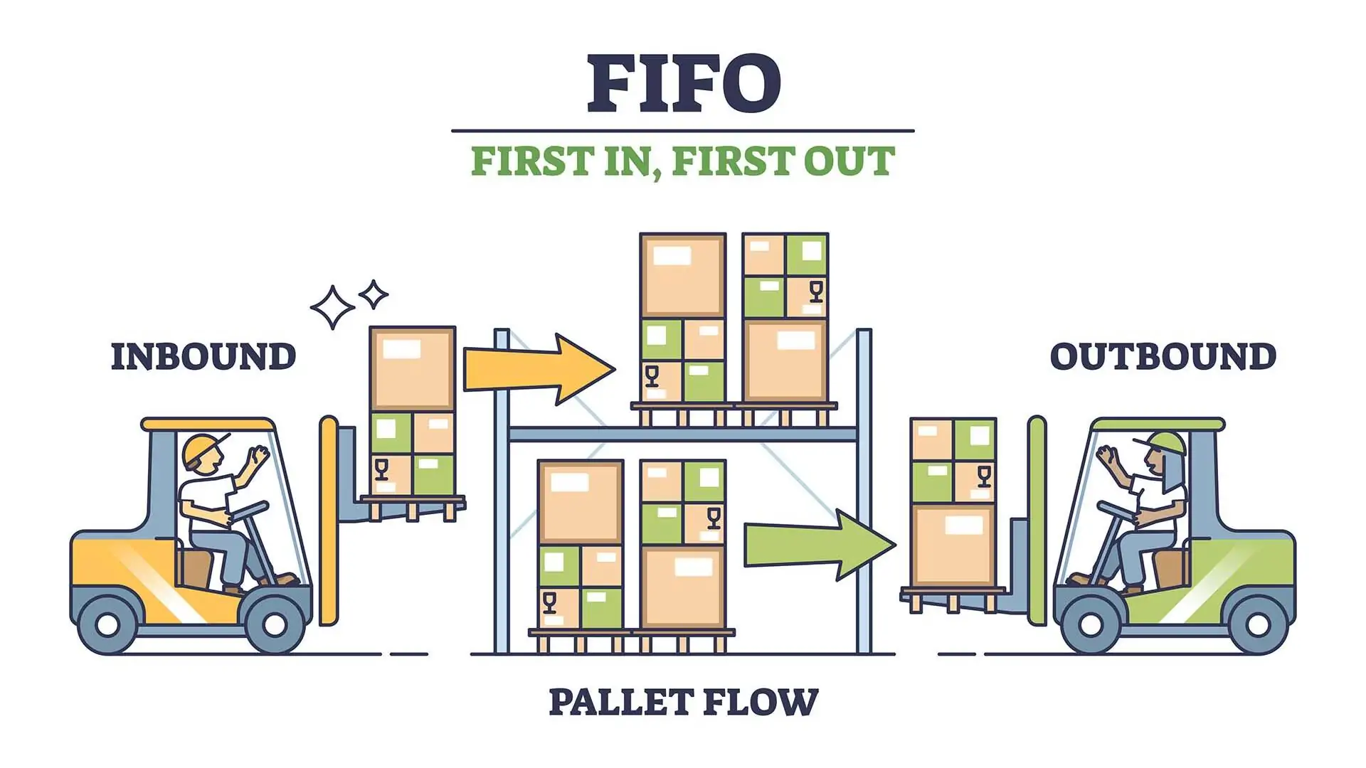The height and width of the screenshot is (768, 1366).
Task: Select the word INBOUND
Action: (x=203, y=356)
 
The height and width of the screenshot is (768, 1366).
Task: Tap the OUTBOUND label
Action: (x=1163, y=356)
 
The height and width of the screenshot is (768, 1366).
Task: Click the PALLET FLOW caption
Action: (x=684, y=702)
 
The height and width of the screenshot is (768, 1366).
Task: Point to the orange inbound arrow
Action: (x=539, y=369)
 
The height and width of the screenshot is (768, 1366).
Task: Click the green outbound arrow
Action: (x=820, y=545)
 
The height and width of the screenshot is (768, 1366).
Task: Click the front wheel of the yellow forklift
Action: (x=274, y=624)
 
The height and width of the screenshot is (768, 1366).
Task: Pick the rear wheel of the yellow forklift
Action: (x=107, y=624)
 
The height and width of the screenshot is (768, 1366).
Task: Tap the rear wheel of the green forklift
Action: (x=1256, y=624)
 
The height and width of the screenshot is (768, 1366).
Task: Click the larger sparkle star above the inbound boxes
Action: (x=333, y=307)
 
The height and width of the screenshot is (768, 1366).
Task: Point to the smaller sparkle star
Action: (x=374, y=294)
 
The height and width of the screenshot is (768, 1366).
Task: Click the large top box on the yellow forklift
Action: (x=413, y=368)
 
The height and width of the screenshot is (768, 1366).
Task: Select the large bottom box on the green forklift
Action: (x=953, y=545)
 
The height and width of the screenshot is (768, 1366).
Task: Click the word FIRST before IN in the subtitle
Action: (x=531, y=161)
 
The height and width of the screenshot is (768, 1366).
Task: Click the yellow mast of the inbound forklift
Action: (x=329, y=521)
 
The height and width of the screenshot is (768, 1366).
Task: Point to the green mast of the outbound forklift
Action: (x=1037, y=521)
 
